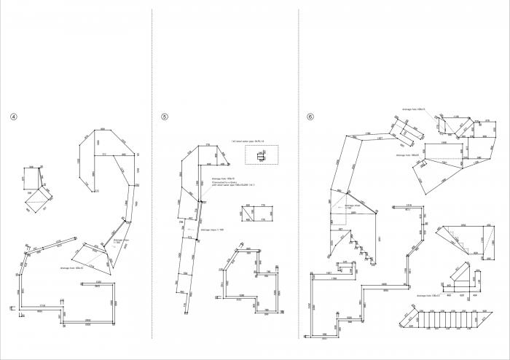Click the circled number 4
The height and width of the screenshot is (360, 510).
pos(13,117)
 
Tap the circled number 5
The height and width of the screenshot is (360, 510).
pos(165,117)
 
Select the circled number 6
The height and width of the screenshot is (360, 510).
pos(310,117)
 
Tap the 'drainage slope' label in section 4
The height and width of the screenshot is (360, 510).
pos(121,240)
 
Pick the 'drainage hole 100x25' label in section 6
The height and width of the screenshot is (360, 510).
pos(407,154)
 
